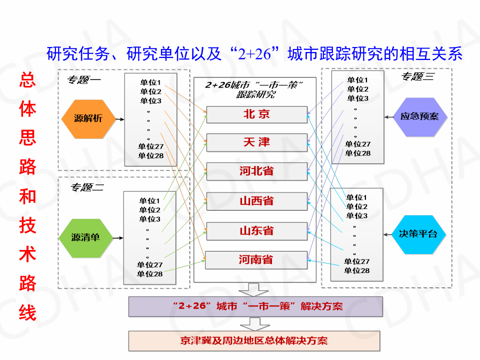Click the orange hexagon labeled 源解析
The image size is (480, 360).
tap(88, 118)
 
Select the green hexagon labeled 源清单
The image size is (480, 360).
tap(85, 237)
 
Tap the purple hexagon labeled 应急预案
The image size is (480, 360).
tap(419, 116)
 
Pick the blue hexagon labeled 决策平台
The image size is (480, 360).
tap(418, 234)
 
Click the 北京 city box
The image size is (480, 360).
tap(257, 114)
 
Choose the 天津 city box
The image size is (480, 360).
tap(257, 143)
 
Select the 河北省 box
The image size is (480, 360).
tap(257, 171)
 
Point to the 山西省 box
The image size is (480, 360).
tap(257, 201)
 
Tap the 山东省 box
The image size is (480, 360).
tap(257, 231)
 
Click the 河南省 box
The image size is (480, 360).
tap(256, 260)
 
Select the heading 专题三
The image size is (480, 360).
tap(418, 76)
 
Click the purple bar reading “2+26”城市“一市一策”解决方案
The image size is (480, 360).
tap(255, 306)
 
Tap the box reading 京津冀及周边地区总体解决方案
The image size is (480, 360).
tap(255, 341)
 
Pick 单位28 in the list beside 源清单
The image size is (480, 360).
tap(150, 274)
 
